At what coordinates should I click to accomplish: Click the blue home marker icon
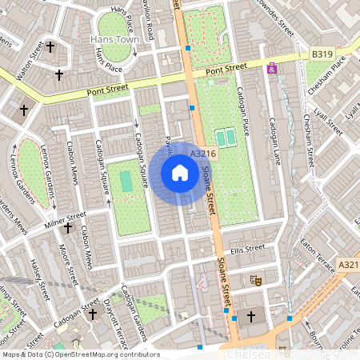180,173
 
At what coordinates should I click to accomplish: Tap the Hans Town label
115,38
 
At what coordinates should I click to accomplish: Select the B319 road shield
322,54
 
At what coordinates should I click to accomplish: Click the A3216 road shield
202,152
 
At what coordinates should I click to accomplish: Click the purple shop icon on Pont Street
273,69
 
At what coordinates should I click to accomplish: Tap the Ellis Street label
246,250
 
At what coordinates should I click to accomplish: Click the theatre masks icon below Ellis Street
257,280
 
